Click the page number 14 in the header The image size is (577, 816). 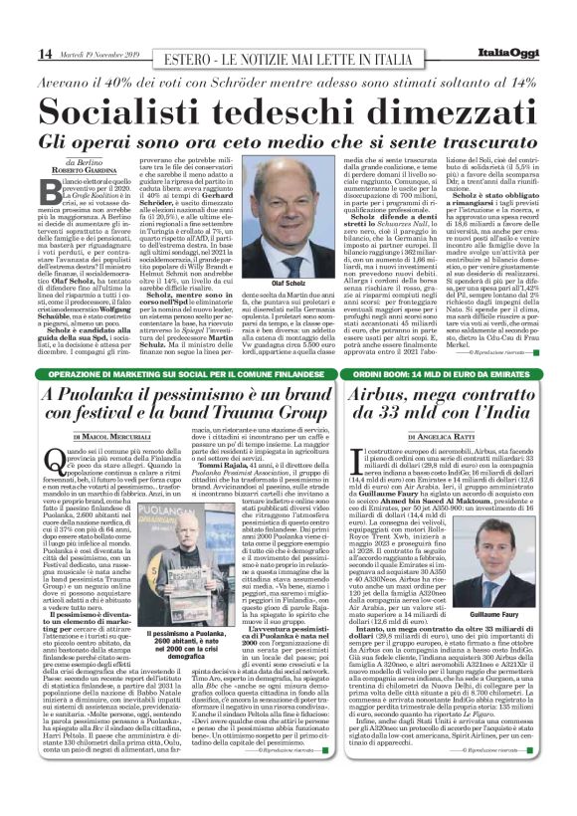tap(19, 52)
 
